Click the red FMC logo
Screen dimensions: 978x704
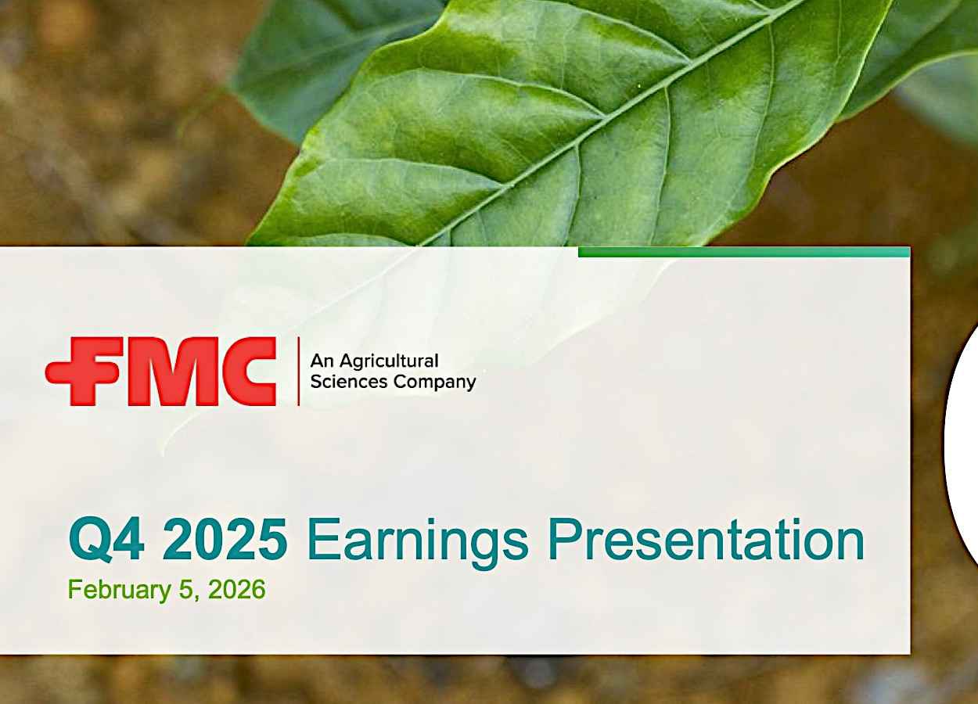(x=160, y=372)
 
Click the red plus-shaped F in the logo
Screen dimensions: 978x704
(x=84, y=372)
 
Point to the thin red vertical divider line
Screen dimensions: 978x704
(x=299, y=372)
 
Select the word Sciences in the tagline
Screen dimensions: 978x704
(x=349, y=382)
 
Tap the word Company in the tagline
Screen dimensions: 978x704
(x=434, y=383)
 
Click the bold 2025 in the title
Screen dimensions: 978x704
(x=225, y=539)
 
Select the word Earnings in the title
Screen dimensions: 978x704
(x=418, y=543)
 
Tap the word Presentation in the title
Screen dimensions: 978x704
(x=707, y=539)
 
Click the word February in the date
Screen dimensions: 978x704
(x=119, y=591)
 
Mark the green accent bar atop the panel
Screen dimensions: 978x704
(x=744, y=252)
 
